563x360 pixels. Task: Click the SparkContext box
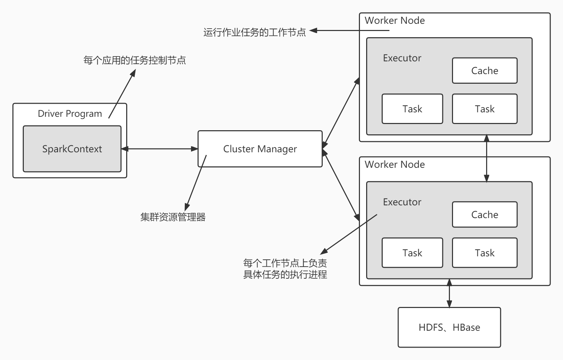pos(72,149)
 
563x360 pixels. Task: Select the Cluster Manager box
pos(260,149)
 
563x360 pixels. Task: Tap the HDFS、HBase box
pos(449,327)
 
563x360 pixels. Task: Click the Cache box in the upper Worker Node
pos(485,71)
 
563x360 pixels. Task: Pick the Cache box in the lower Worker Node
pos(485,215)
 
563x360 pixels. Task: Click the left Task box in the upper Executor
pos(412,109)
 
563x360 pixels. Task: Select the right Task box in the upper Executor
pos(485,109)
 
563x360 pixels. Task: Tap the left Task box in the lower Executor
pos(412,253)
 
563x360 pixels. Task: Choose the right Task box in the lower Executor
pos(485,253)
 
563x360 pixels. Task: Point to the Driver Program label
pos(70,114)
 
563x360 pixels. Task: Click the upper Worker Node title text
pos(395,21)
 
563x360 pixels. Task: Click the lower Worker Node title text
pos(395,165)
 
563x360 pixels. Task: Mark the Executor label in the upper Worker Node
pos(402,58)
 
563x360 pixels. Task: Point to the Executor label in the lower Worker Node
pos(402,202)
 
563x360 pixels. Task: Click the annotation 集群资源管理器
pos(173,217)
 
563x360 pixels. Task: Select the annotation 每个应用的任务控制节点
pos(134,60)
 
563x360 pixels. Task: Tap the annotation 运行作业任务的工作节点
pos(254,32)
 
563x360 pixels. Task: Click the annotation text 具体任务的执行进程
pos(285,275)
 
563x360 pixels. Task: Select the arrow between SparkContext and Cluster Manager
pos(160,149)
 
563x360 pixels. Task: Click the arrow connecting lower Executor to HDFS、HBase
pos(449,293)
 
